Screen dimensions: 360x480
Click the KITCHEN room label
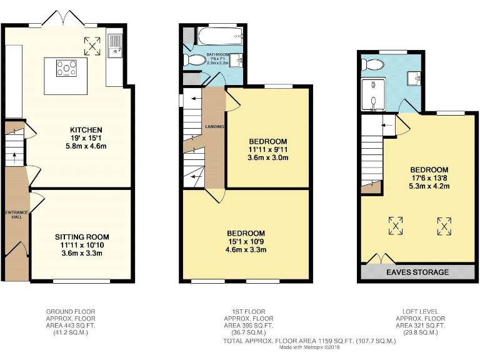point(81,130)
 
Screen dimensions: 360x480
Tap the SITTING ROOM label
point(82,237)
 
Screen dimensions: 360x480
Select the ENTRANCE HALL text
point(17,216)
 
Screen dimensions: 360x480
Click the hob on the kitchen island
point(65,67)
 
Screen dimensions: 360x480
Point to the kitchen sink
point(116,45)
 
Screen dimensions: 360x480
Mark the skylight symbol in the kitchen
point(92,45)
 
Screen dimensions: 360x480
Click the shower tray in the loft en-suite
point(373,94)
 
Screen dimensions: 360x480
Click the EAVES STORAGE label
point(417,272)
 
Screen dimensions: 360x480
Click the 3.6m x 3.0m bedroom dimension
point(267,158)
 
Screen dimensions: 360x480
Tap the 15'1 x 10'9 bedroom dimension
point(246,241)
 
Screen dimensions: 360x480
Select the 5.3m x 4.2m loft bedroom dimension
point(429,186)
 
